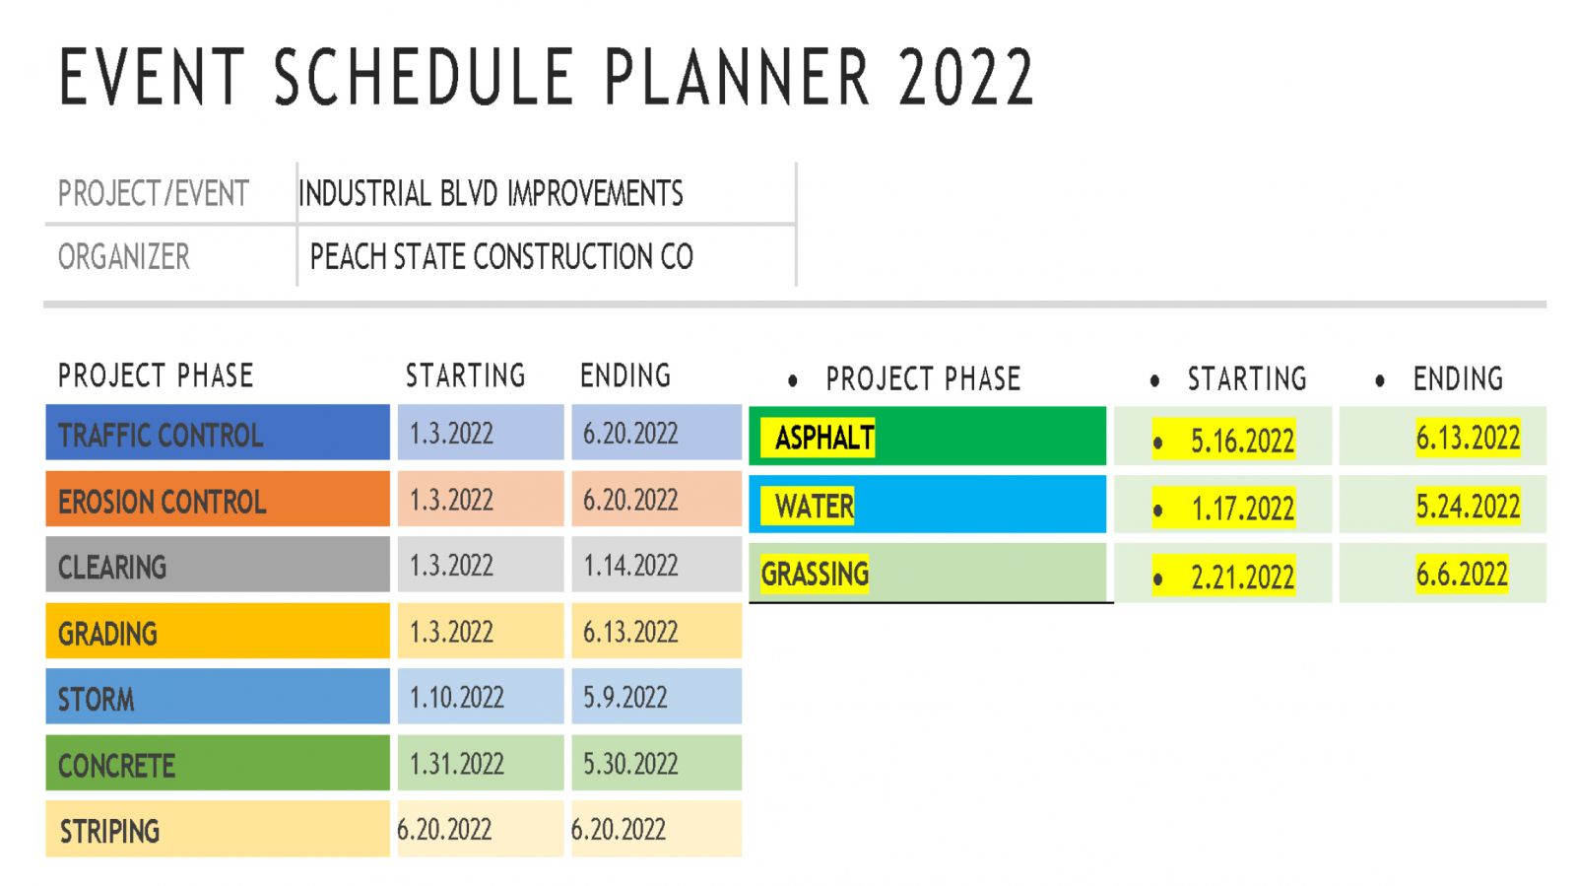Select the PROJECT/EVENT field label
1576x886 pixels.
pos(154,193)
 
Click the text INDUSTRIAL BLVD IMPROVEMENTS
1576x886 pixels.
pos(491,193)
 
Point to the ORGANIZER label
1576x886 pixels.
pos(124,256)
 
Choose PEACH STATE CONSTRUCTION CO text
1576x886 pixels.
pos(501,256)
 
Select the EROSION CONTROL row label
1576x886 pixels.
pos(162,502)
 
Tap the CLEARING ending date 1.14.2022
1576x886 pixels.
pos(630,565)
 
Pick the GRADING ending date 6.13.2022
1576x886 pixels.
pos(630,632)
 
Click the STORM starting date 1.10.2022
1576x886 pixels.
pos(457,698)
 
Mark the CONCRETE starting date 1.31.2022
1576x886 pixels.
pos(457,764)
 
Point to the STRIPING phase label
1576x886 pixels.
pos(109,832)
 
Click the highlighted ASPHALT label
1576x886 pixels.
pos(818,438)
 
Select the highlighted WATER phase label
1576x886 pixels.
pos(808,506)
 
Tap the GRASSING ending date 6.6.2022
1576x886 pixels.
pos(1462,575)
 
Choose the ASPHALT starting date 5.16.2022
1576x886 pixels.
pos(1242,441)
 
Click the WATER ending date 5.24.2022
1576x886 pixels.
pos(1468,506)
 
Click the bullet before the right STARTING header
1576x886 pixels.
pos(1154,380)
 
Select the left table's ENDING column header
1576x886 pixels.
pos(625,375)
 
